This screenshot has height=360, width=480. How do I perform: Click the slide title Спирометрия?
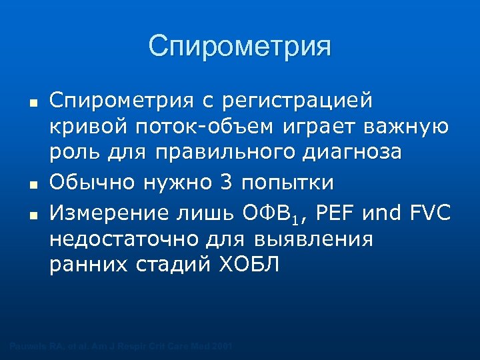239,46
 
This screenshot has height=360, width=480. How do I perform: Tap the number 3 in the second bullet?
224,183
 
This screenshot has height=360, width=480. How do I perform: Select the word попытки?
288,183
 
